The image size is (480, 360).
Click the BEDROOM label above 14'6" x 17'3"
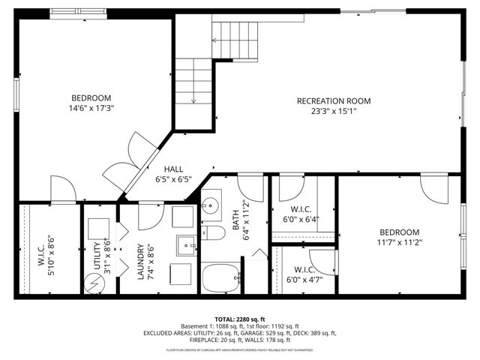pyautogui.click(x=91, y=97)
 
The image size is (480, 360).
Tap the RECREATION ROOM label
pyautogui.click(x=334, y=100)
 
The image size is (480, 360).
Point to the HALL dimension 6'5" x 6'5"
pyautogui.click(x=173, y=179)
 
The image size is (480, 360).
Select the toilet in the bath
pyautogui.click(x=214, y=233)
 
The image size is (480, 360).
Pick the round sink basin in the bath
pyautogui.click(x=210, y=204)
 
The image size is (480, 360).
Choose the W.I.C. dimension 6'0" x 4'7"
pyautogui.click(x=303, y=280)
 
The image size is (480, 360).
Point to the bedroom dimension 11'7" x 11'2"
pyautogui.click(x=399, y=242)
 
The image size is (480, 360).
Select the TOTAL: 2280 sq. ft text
pyautogui.click(x=240, y=319)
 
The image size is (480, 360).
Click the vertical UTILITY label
pyautogui.click(x=97, y=254)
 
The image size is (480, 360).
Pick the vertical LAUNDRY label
pyautogui.click(x=140, y=262)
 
